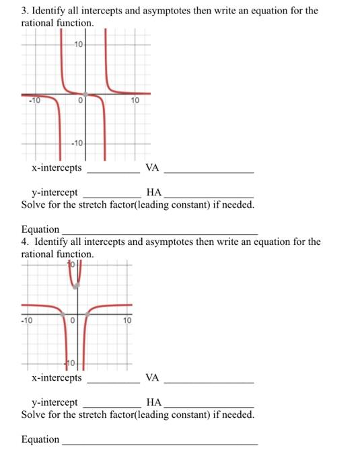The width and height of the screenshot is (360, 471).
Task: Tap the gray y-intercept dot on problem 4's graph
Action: point(76,286)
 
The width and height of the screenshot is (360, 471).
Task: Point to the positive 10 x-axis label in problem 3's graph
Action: point(135,101)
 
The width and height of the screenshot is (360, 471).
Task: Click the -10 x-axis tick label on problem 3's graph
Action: point(34,101)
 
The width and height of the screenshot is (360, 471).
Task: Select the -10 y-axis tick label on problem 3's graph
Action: point(77,143)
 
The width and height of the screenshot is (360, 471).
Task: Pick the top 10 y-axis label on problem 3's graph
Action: point(79,44)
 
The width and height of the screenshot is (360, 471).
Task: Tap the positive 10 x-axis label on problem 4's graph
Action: point(127,320)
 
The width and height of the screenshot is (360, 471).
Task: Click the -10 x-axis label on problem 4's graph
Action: point(26,320)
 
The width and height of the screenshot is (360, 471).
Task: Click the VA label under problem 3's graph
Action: point(152,168)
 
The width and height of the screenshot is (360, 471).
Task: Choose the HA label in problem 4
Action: point(153,402)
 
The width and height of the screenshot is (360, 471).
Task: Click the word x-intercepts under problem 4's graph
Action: point(57,377)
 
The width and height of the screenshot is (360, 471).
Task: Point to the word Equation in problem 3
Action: point(40,229)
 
